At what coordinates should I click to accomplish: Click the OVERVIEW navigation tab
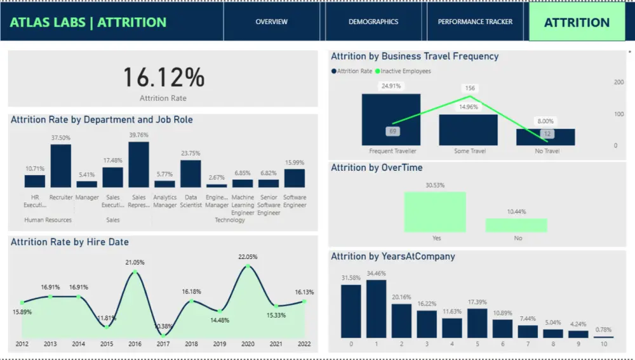point(272,22)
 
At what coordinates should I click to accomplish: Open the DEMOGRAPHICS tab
point(373,22)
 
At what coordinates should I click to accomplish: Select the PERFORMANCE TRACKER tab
point(475,22)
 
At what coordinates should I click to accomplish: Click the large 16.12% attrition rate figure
point(163,77)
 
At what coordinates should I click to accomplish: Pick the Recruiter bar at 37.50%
point(61,166)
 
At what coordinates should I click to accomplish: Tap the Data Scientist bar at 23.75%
point(190,173)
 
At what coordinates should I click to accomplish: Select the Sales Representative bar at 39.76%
point(138,164)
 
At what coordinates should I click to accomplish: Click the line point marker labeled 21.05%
point(135,272)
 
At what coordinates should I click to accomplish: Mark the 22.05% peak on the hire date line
point(248,267)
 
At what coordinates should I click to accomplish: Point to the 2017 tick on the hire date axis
point(163,344)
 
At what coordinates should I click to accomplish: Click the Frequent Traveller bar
point(391,119)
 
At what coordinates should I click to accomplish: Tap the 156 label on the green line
point(470,88)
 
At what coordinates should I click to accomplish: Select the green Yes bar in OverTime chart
point(435,212)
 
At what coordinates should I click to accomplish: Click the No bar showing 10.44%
point(516,225)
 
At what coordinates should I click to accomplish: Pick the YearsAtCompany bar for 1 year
point(377,309)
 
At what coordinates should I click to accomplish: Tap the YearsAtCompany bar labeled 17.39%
point(477,323)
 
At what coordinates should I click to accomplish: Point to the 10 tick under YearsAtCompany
point(604,343)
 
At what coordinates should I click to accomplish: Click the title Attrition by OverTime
point(377,168)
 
